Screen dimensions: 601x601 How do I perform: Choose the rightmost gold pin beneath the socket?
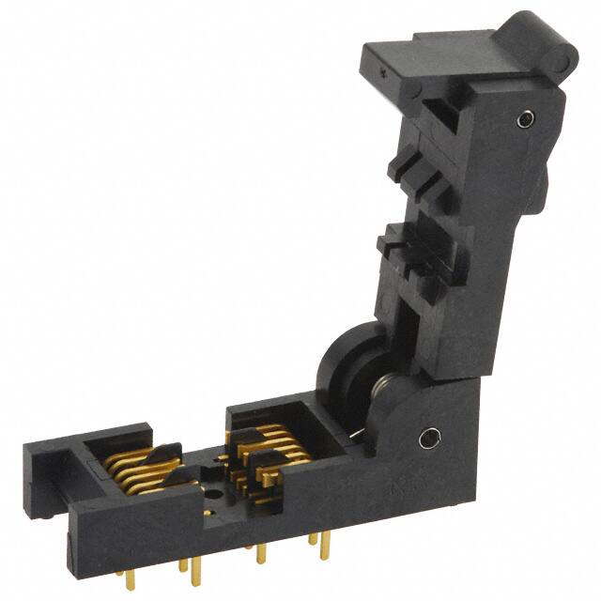pos(324,545)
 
